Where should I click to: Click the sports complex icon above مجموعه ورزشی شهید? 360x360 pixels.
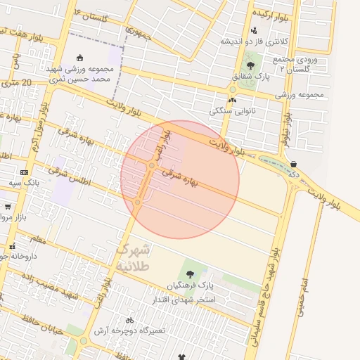[x=80, y=58]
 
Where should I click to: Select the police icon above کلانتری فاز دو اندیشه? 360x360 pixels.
[x=254, y=30]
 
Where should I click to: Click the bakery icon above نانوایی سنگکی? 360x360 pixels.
[x=232, y=100]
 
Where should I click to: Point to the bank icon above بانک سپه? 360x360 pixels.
[x=25, y=172]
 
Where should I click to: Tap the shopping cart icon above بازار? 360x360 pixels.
[x=8, y=207]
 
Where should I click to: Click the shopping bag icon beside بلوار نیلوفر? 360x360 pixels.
[x=293, y=165]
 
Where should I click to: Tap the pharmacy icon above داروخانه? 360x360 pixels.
[x=13, y=246]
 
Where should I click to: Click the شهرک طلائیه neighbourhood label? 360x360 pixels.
[x=131, y=258]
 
